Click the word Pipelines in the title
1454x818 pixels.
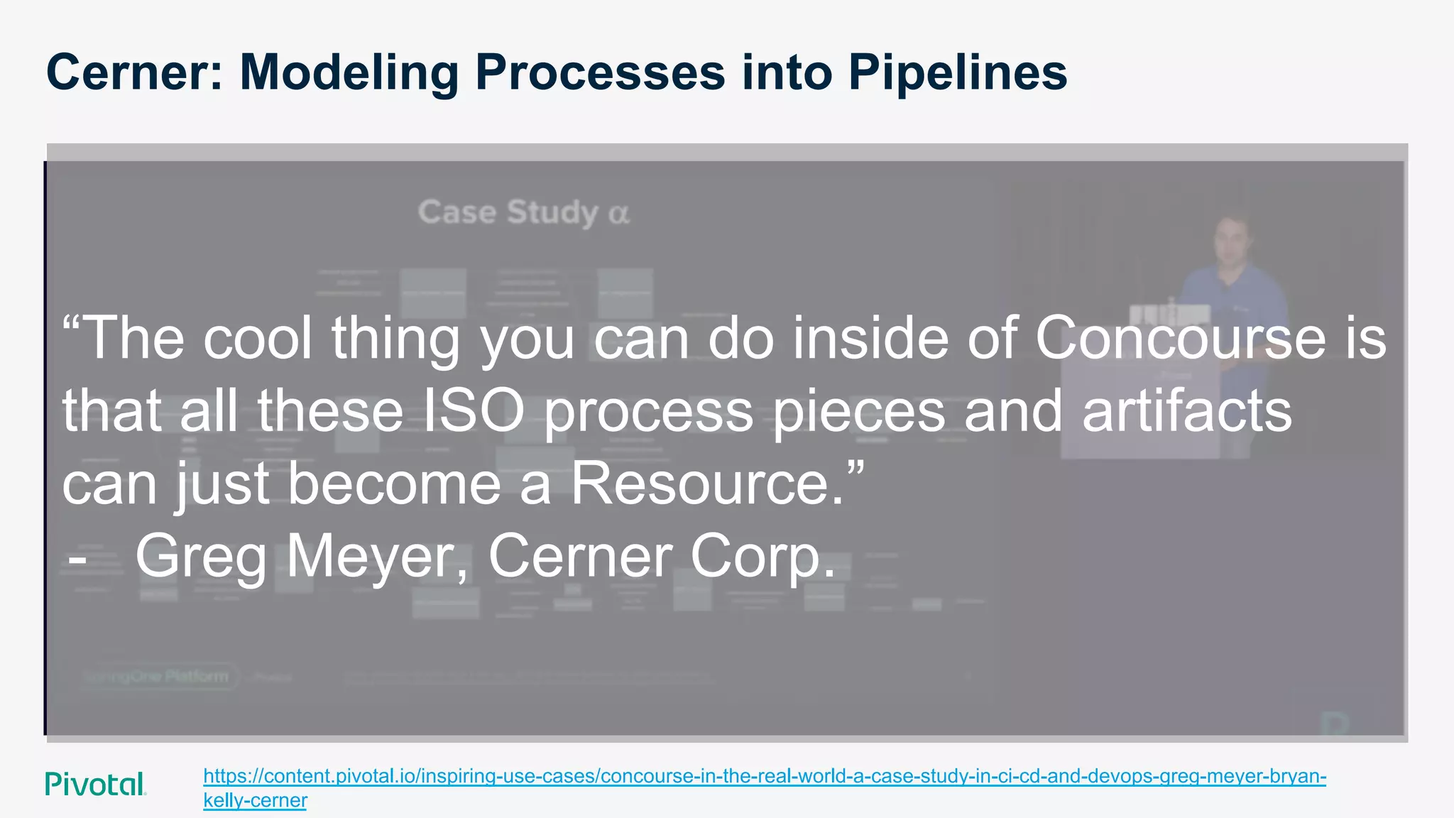tap(957, 74)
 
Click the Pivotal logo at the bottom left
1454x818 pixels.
tap(95, 784)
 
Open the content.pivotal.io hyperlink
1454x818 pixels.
tap(764, 776)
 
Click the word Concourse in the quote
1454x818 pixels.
tap(1180, 338)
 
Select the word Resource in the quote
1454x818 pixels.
tap(708, 484)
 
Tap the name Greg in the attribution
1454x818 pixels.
tap(200, 557)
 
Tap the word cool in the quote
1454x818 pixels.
tap(258, 338)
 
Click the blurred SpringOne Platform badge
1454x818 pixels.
tap(158, 676)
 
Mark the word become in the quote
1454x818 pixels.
tap(394, 484)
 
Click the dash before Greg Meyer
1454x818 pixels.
tap(77, 560)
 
